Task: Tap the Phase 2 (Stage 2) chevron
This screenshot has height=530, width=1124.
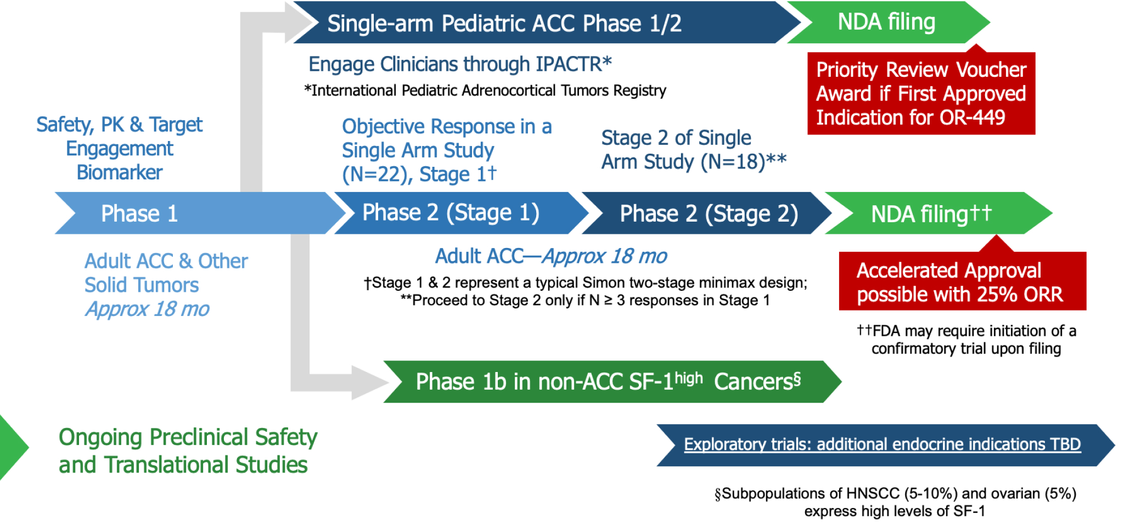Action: click(708, 214)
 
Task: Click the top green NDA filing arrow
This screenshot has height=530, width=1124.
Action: click(886, 22)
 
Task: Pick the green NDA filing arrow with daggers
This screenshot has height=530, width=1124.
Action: click(933, 214)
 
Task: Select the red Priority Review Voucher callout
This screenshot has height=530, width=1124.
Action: click(921, 94)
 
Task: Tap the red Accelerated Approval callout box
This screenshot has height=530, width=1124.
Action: click(962, 282)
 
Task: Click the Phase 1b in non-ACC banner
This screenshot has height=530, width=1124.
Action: click(609, 382)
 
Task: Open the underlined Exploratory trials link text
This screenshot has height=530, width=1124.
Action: click(882, 444)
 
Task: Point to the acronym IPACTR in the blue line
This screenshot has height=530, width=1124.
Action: click(569, 65)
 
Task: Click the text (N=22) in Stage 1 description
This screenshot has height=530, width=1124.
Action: click(377, 174)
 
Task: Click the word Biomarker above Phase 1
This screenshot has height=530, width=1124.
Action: click(120, 173)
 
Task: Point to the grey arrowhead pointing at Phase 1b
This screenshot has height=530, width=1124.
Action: click(369, 382)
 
